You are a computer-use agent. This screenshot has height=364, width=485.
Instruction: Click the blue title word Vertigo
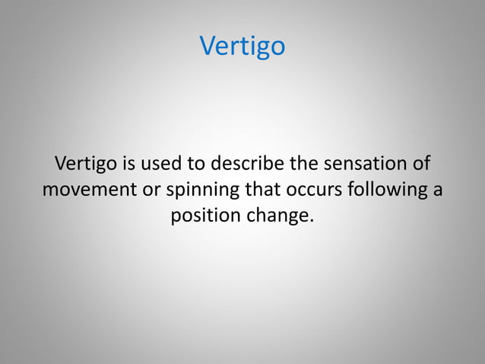pos(242,47)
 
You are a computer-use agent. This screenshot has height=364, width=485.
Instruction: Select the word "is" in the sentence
pos(123,164)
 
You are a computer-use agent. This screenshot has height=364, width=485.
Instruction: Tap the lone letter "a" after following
pos(437,190)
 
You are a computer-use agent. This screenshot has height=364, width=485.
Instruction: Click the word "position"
pos(204,216)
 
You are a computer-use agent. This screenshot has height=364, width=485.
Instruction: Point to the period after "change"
pos(311,221)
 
